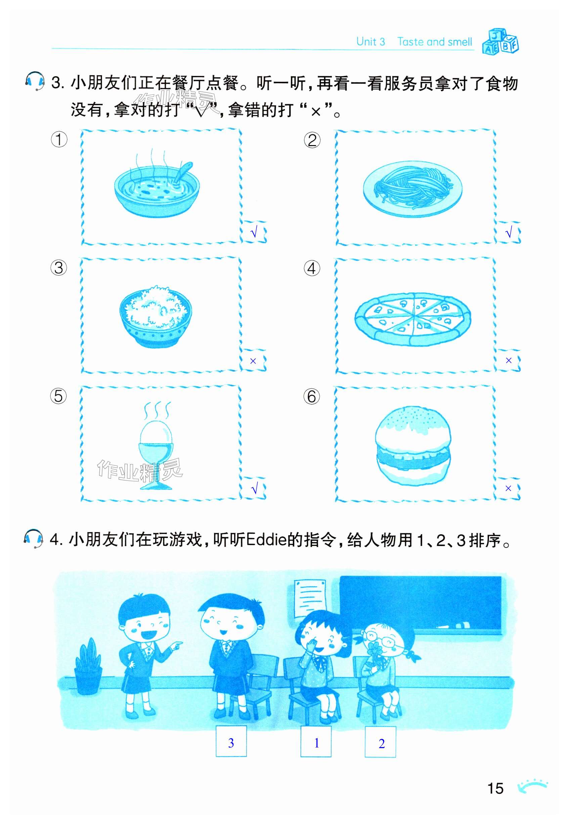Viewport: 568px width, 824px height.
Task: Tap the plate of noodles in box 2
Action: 413,189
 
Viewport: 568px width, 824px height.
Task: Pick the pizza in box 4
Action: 412,319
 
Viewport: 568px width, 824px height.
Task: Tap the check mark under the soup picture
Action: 254,233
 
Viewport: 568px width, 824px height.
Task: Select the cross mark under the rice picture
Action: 253,361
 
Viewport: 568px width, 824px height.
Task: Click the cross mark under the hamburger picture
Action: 508,489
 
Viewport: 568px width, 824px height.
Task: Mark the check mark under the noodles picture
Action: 509,233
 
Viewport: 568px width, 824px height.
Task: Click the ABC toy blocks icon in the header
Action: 500,41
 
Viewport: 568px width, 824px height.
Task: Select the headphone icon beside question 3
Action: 35,81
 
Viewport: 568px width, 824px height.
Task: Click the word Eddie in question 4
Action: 266,540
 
